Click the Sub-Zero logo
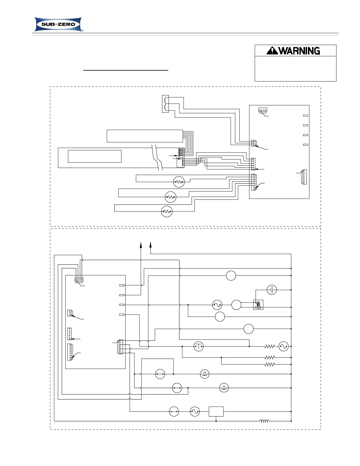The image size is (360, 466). click(59, 24)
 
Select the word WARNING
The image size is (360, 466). click(299, 51)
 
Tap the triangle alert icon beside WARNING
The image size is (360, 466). click(272, 51)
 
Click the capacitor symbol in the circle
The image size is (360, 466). click(271, 290)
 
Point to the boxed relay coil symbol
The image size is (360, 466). click(258, 305)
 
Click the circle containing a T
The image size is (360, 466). click(199, 347)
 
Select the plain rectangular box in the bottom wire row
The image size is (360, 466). click(216, 412)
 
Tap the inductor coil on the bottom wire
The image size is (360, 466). click(264, 421)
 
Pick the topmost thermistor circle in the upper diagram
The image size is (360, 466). click(179, 182)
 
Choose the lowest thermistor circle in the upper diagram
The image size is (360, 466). click(167, 212)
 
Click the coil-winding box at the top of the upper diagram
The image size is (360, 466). click(165, 104)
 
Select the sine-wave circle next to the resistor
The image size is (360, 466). click(284, 347)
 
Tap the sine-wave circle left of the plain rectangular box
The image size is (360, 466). click(195, 412)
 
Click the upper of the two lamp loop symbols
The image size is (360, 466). click(204, 374)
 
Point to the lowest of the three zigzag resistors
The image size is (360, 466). click(269, 365)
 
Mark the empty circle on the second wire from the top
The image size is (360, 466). click(231, 276)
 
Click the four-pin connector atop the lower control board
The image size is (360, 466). click(79, 280)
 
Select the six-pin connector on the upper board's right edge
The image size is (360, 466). click(304, 177)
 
